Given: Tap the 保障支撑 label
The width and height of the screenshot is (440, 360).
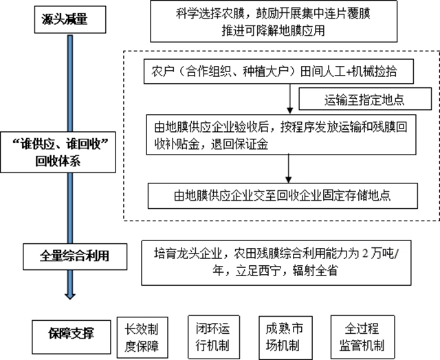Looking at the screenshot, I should (x=71, y=333).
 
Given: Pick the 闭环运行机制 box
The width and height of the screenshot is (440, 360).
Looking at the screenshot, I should (x=211, y=334).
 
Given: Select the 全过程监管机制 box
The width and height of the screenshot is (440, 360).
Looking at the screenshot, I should (x=361, y=334).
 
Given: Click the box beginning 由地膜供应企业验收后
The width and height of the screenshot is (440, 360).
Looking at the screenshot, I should (x=282, y=135).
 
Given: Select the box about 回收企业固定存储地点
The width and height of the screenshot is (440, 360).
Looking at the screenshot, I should (x=282, y=194).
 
